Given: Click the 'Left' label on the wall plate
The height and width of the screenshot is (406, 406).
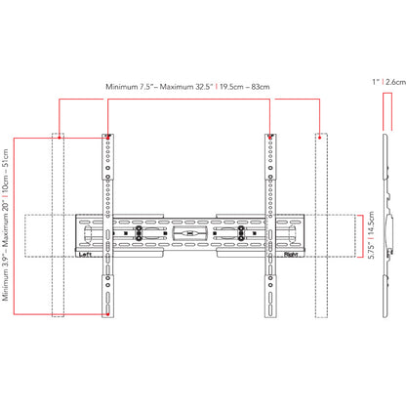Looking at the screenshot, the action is click(x=85, y=255).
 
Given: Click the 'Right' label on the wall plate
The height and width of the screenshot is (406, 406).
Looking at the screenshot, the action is click(x=291, y=255).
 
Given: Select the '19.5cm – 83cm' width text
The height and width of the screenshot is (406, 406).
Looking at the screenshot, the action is click(x=244, y=87).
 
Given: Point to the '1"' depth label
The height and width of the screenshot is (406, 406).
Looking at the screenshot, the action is click(x=376, y=82).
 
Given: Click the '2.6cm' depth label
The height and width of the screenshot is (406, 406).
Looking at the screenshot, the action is click(x=395, y=82).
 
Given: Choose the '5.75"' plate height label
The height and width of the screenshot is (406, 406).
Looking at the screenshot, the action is click(x=372, y=250).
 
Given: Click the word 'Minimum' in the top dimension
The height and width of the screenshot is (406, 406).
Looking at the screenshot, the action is click(x=122, y=87).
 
